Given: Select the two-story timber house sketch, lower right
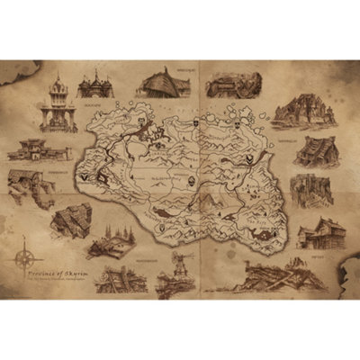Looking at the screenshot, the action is pyautogui.click(x=321, y=233).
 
